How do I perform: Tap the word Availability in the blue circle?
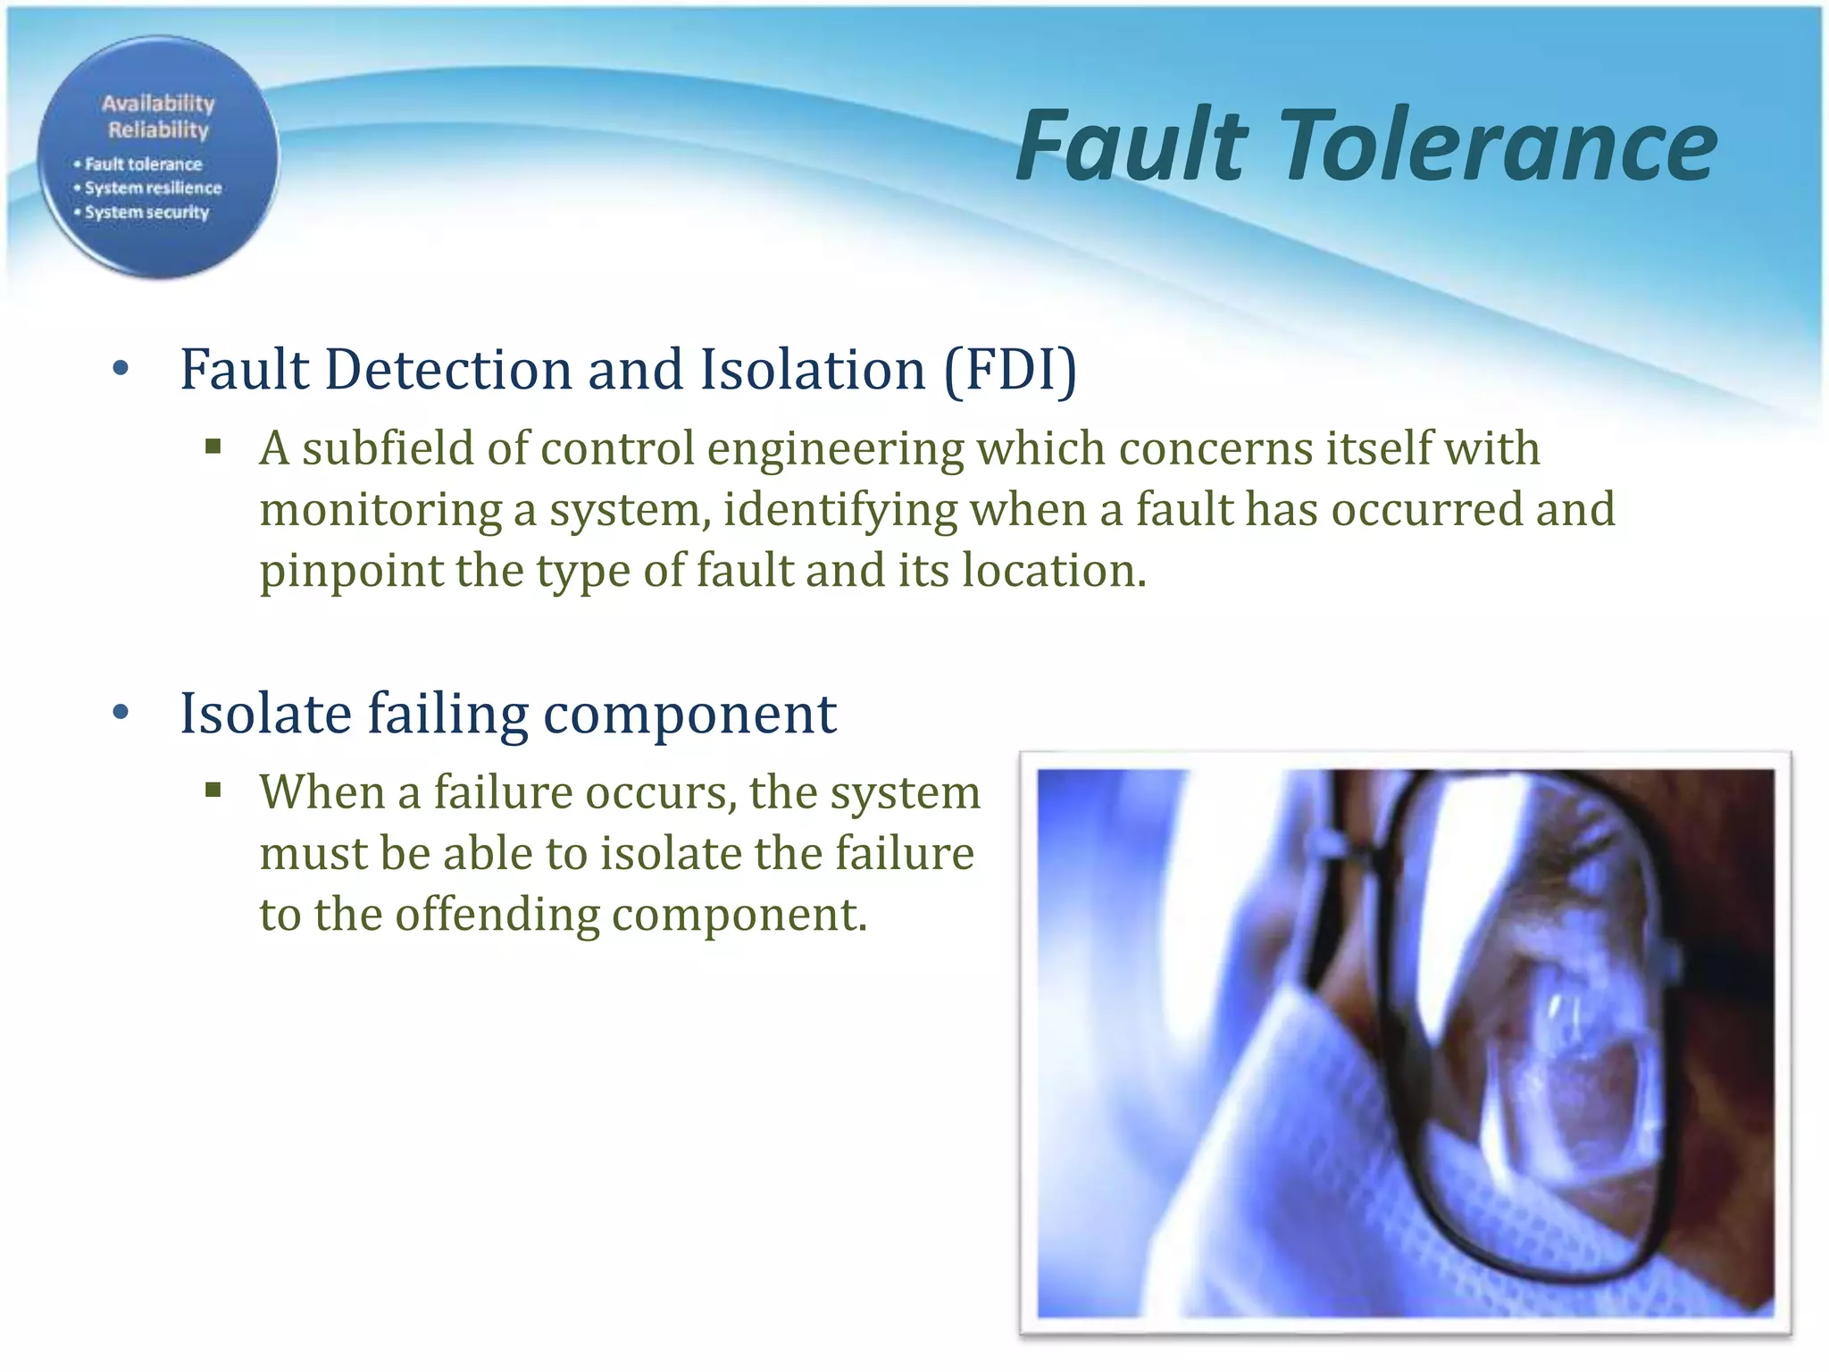[x=158, y=104]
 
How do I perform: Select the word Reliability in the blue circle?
[x=158, y=130]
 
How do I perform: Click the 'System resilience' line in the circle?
[x=153, y=188]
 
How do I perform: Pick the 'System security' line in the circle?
[x=146, y=213]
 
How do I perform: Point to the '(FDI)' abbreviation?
[x=1010, y=369]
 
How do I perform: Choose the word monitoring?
[x=380, y=511]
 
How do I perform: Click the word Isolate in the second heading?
[x=266, y=713]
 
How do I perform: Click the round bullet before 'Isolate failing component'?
[x=121, y=713]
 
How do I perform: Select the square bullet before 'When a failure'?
[x=213, y=790]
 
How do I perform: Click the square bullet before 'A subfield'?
[x=213, y=447]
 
